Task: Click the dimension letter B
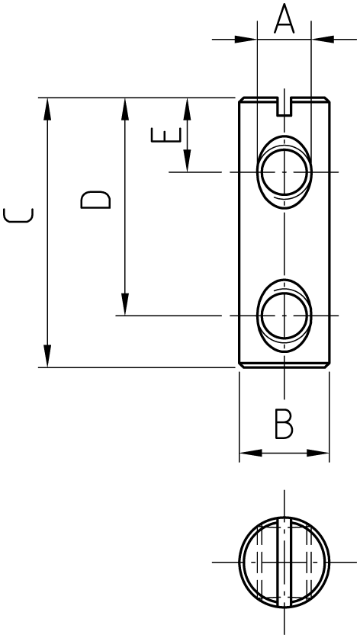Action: click(284, 425)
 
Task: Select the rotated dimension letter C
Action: click(18, 215)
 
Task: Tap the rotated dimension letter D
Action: click(95, 200)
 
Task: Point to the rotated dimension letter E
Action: click(166, 135)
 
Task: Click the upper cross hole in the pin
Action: click(284, 172)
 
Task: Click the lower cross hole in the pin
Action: click(284, 316)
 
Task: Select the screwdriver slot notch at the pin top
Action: click(284, 107)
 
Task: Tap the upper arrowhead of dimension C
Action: click(47, 109)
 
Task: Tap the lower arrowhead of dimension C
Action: click(47, 356)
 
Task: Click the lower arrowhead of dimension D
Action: click(125, 304)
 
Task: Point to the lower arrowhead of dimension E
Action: click(187, 161)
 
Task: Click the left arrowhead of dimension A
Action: click(246, 40)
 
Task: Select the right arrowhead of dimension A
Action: click(323, 40)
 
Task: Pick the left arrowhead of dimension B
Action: click(250, 453)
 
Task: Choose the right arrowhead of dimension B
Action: click(317, 453)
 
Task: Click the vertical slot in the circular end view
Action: click(284, 563)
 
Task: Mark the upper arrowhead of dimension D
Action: click(125, 109)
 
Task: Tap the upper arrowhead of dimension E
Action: click(187, 109)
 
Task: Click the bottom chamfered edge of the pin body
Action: click(284, 366)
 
